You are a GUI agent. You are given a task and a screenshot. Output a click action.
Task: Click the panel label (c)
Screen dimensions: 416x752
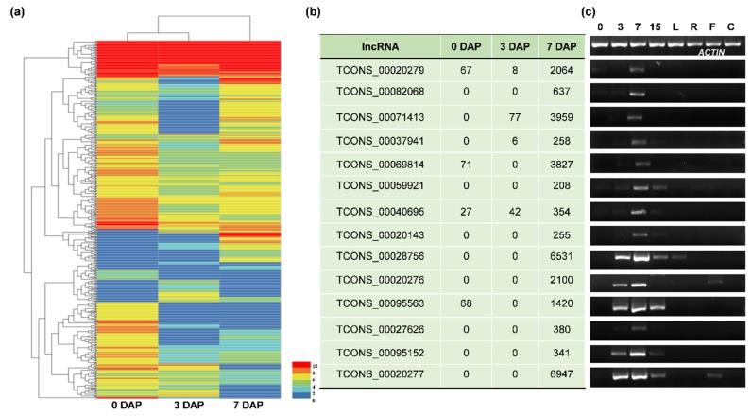(x=588, y=12)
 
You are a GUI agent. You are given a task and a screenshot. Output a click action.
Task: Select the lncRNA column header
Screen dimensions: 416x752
(x=381, y=46)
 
